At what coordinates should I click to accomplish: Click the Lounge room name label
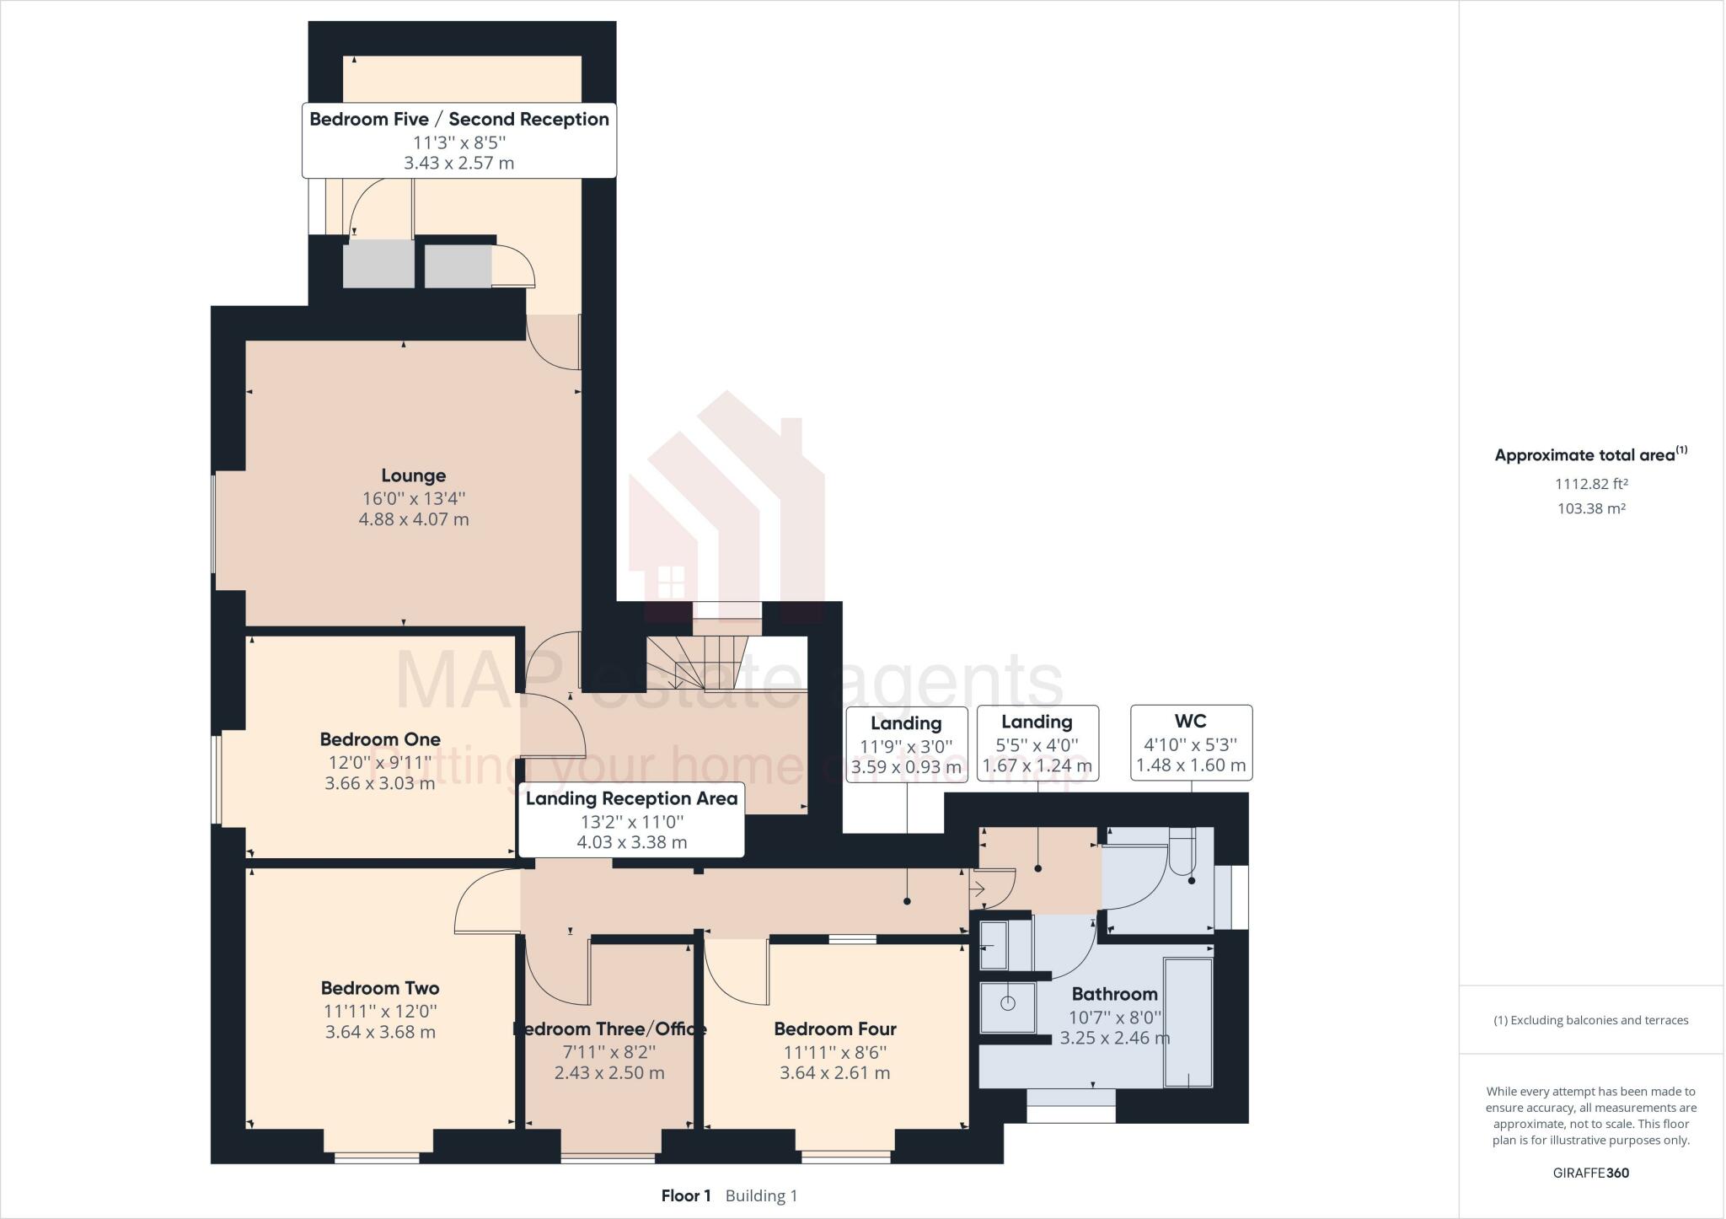tap(413, 475)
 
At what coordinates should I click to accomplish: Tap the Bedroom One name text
tap(380, 739)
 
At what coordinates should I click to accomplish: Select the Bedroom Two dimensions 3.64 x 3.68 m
tap(380, 1032)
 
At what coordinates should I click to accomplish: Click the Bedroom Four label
tap(834, 1028)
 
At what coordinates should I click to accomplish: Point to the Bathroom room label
tap(1114, 994)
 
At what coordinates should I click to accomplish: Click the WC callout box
tap(1190, 743)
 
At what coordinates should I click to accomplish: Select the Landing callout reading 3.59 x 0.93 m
tap(906, 744)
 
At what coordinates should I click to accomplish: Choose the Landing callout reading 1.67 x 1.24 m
tap(1037, 743)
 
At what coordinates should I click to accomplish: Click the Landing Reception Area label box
tap(631, 819)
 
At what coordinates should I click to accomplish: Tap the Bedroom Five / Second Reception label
tap(459, 140)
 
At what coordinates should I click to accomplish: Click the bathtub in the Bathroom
tap(1187, 1022)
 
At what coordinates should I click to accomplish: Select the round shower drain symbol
tap(1007, 1003)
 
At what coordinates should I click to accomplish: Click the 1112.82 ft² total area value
tap(1591, 484)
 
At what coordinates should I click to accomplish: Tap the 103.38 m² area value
tap(1591, 508)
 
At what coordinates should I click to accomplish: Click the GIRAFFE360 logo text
tap(1590, 1173)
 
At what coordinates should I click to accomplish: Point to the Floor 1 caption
tap(686, 1195)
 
